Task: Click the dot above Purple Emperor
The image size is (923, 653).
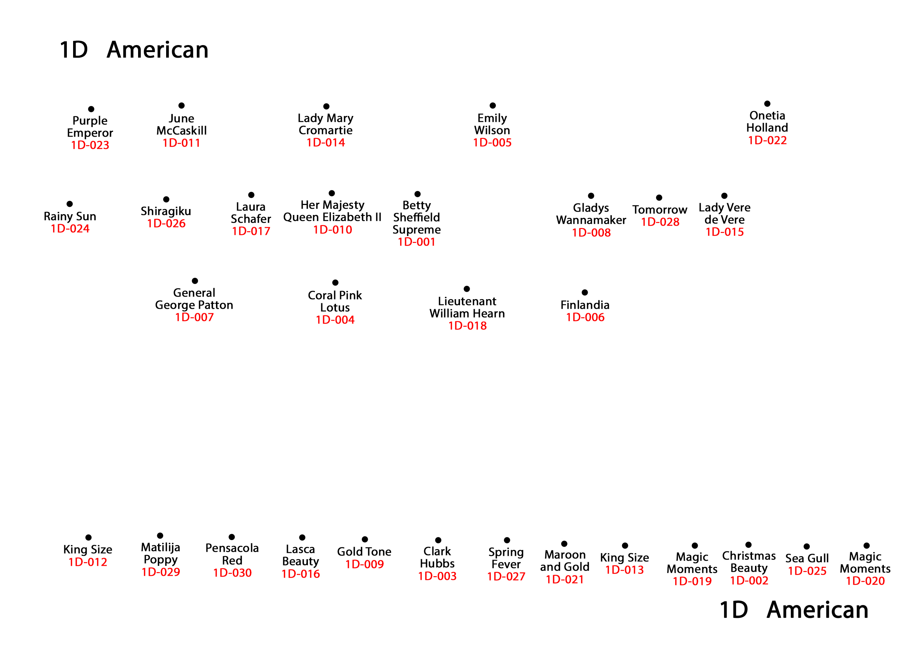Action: [91, 109]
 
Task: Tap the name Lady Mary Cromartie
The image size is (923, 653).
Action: [326, 124]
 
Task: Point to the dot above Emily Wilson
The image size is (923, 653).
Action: [493, 105]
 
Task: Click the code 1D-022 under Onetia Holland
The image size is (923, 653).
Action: [767, 140]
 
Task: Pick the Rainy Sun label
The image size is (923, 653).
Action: [70, 216]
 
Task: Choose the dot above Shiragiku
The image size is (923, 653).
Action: [166, 199]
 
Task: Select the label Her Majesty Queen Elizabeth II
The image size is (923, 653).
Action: [332, 211]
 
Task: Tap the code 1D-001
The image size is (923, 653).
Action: [416, 242]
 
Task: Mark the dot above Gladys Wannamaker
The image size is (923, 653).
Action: [591, 196]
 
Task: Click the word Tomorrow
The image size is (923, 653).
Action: [660, 210]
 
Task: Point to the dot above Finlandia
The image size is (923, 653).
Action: [585, 292]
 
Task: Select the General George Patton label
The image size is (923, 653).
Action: [194, 299]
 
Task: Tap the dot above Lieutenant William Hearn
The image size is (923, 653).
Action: [467, 289]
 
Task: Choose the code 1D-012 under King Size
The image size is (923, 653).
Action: [88, 562]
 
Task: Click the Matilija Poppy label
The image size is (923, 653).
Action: [160, 553]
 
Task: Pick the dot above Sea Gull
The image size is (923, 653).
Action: [806, 547]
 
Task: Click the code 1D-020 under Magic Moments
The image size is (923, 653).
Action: [865, 581]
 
